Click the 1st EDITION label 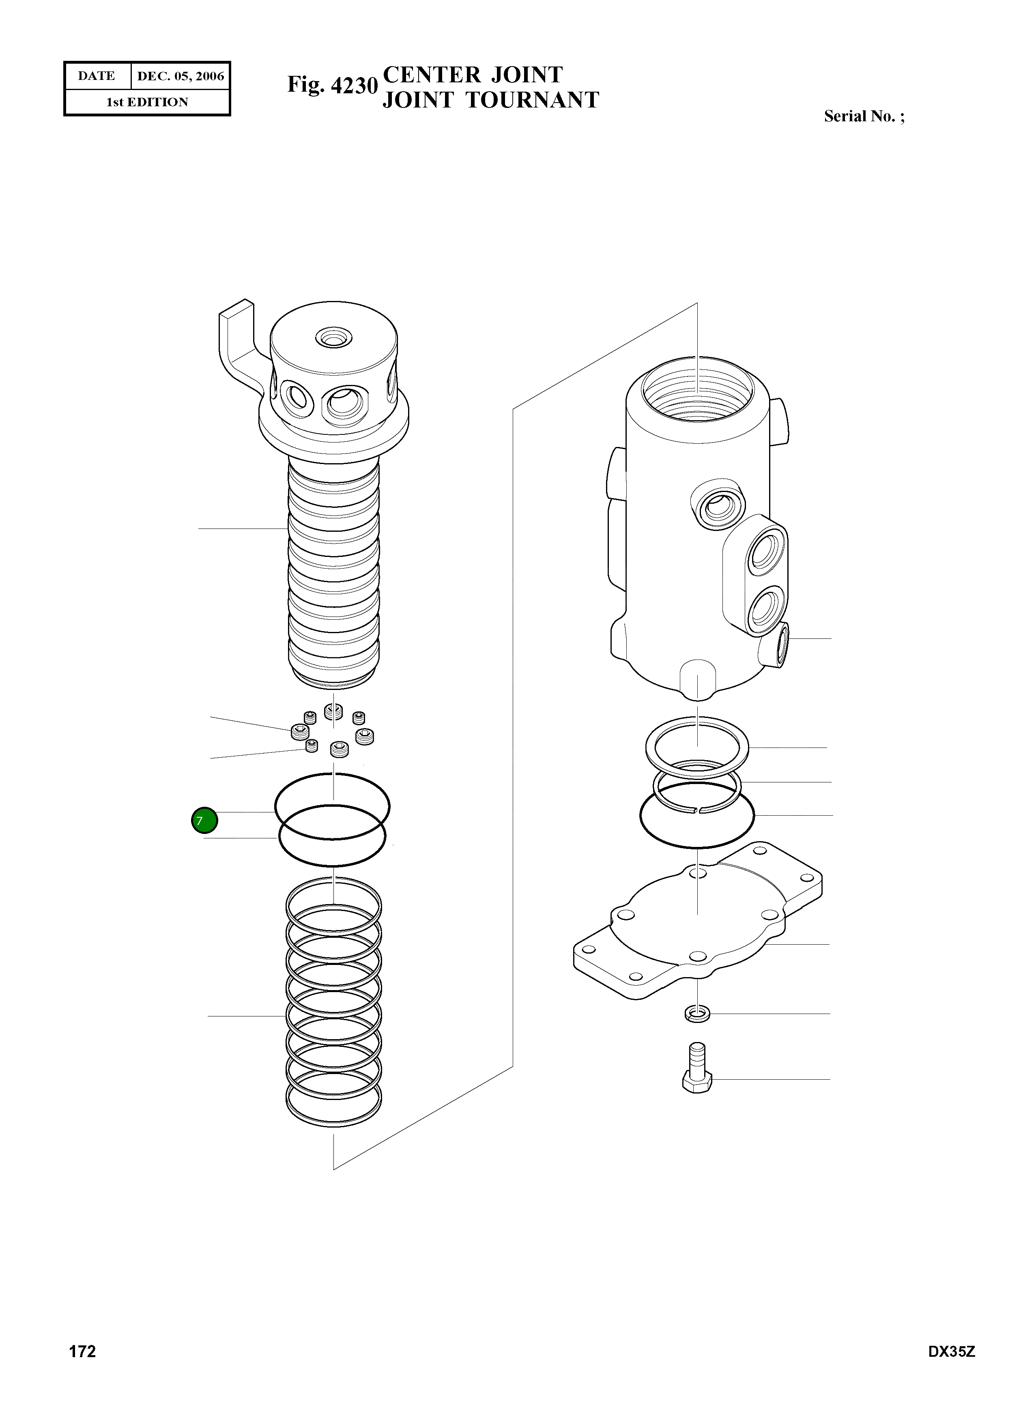pos(147,102)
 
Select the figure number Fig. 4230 pos(332,85)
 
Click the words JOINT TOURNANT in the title pos(490,100)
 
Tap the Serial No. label pos(864,117)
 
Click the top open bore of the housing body pos(697,389)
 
